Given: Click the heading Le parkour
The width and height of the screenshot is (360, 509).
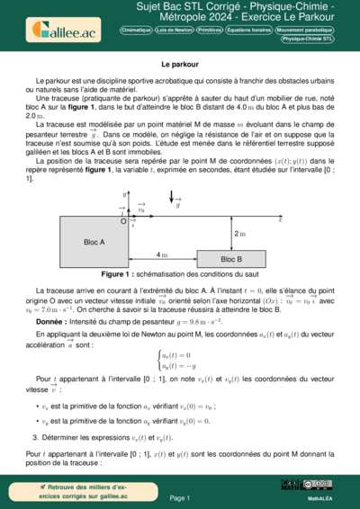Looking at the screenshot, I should [179, 66].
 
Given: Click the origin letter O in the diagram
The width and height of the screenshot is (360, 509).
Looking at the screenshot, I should [123, 219].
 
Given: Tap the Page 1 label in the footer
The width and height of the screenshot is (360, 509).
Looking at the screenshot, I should [180, 497].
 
